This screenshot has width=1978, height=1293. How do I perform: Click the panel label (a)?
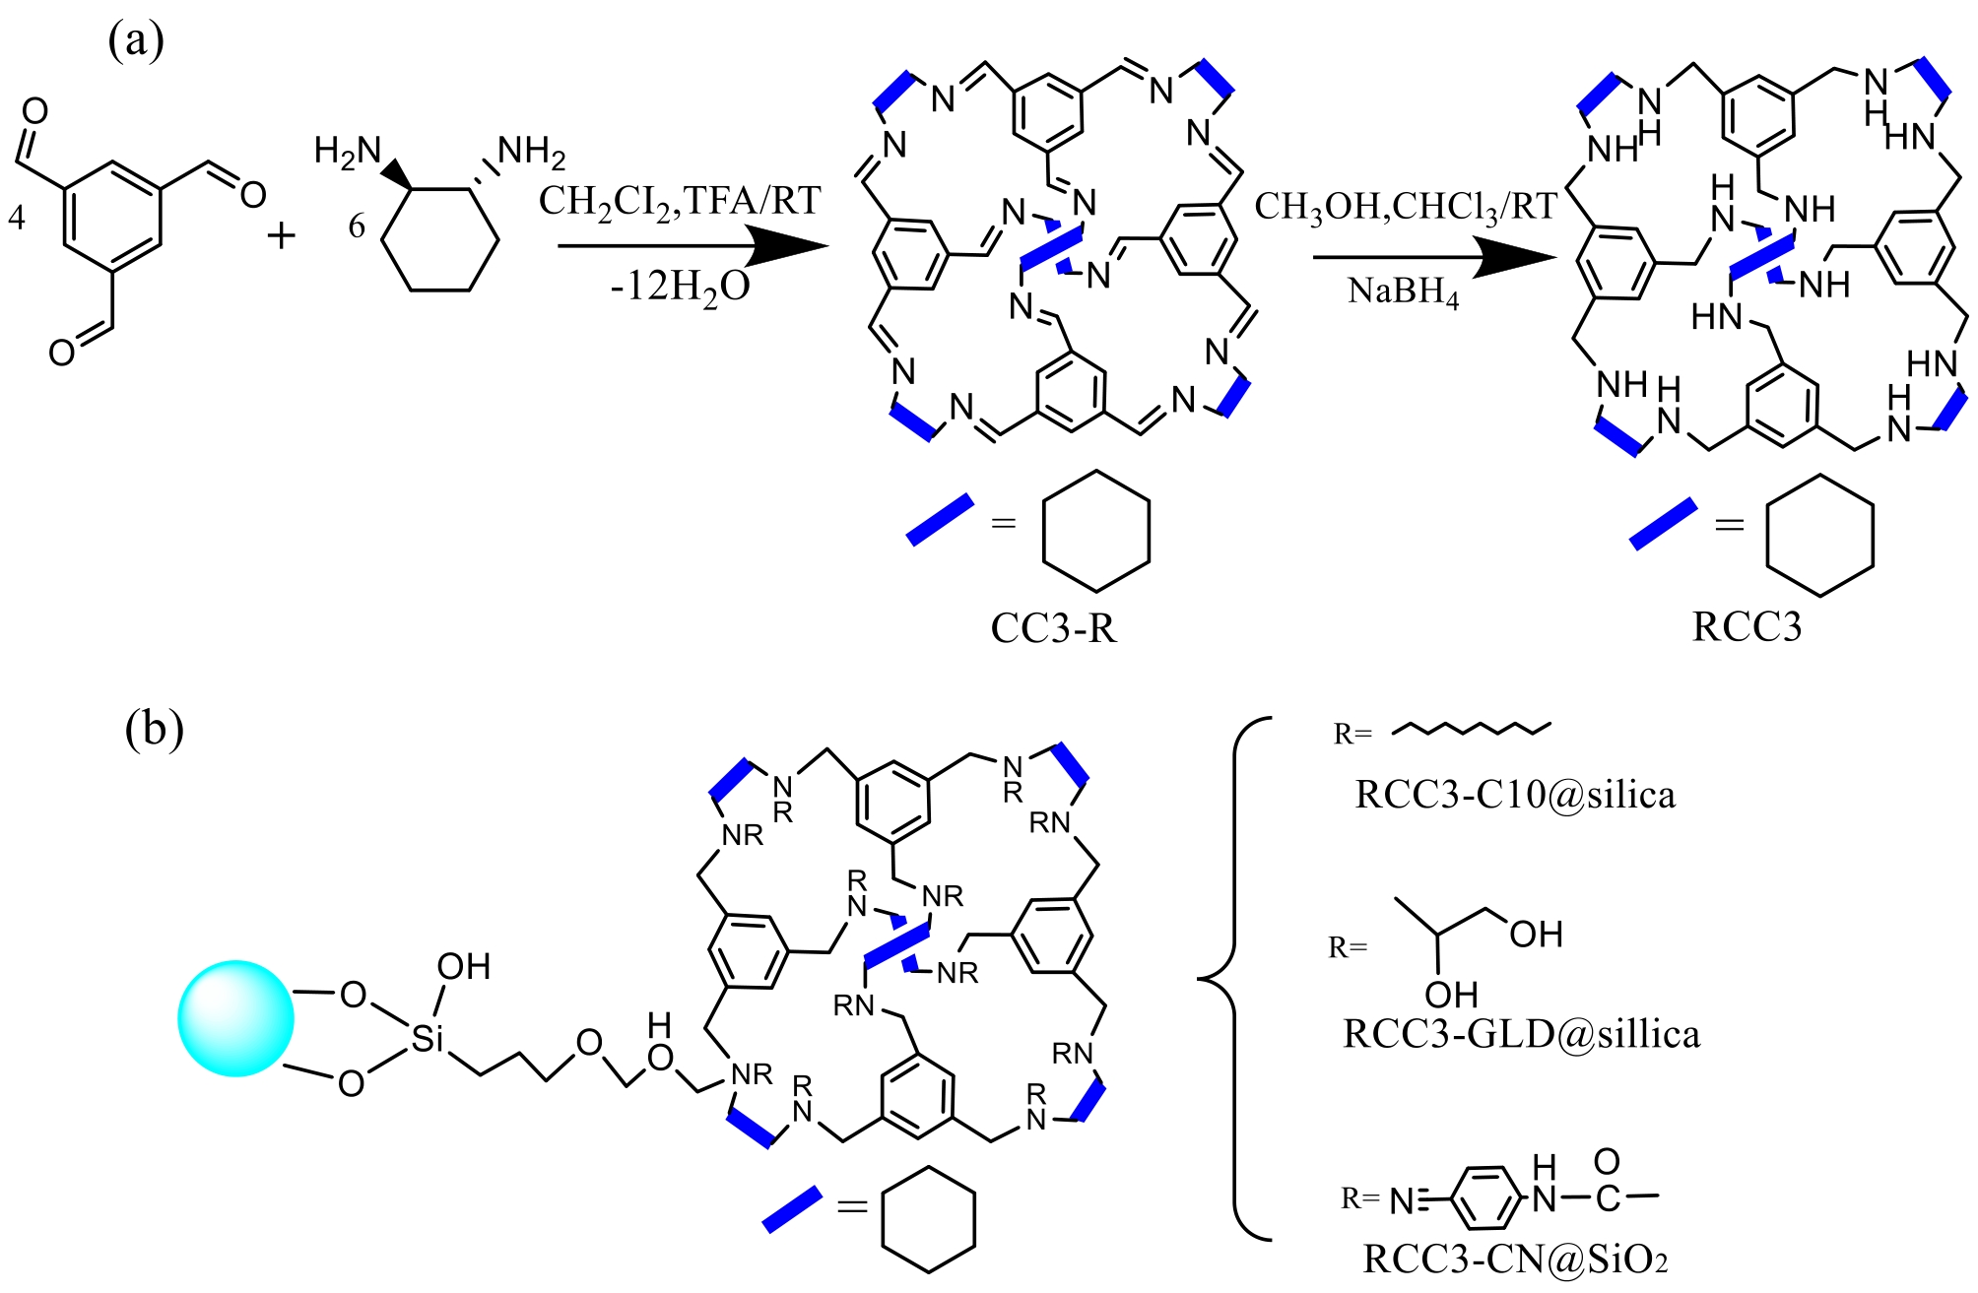(136, 40)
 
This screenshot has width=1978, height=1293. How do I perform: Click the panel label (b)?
(154, 730)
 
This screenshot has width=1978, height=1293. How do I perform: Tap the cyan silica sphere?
(235, 1018)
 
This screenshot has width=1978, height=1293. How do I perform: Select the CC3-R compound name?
(1053, 627)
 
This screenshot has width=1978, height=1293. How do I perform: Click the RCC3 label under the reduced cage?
(1747, 626)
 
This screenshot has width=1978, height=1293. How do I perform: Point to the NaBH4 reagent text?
(1404, 291)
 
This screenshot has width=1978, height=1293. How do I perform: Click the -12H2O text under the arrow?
(680, 288)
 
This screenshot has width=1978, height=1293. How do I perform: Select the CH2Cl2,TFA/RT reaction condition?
(680, 202)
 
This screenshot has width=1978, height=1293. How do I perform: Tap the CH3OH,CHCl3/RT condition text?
(1406, 207)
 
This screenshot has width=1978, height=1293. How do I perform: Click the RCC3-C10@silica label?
(1515, 795)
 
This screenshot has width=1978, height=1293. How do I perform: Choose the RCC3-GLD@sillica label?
(1522, 1034)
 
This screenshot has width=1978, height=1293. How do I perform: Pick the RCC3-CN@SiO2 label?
(1515, 1259)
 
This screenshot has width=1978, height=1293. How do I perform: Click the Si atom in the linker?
(428, 1038)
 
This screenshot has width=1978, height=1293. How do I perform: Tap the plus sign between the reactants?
(282, 235)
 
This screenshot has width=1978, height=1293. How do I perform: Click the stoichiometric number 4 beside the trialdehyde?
(17, 217)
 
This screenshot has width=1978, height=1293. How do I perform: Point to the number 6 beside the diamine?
(357, 226)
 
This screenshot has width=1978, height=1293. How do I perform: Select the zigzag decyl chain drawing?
(1473, 728)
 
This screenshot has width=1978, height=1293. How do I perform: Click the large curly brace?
(1234, 978)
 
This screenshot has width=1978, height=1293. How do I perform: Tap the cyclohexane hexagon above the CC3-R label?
(1095, 532)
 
